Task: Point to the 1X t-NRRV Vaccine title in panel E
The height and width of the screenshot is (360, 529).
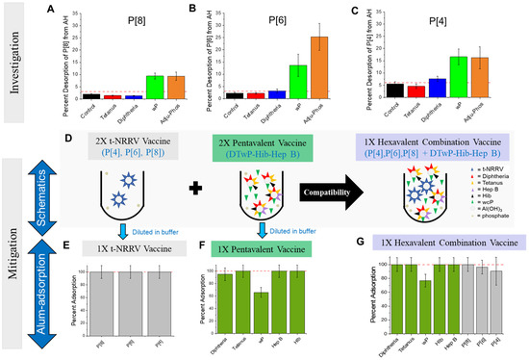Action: [135, 247]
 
